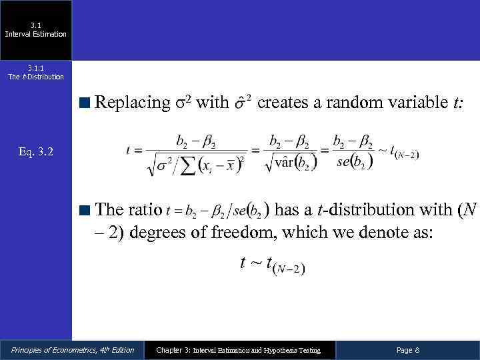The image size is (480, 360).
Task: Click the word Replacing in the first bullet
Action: (x=133, y=103)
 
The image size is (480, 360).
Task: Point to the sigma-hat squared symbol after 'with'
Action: (x=243, y=104)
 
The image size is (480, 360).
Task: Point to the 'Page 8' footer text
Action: (x=407, y=350)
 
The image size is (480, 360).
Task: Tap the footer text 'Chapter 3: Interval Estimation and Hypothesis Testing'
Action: (x=238, y=350)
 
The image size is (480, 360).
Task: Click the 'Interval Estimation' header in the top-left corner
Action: (x=36, y=34)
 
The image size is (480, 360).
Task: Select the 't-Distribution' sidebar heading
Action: (x=36, y=77)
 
